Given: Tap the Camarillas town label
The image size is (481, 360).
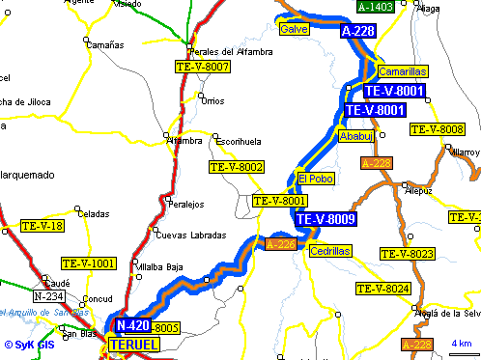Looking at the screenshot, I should [x=401, y=71].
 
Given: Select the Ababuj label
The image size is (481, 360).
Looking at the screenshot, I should [x=355, y=137].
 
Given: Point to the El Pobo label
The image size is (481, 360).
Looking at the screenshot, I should [x=315, y=179].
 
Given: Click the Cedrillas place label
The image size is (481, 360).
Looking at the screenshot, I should [x=330, y=251].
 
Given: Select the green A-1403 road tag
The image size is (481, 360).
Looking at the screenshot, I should [x=375, y=8].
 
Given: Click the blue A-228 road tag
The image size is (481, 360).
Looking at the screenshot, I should [x=358, y=32].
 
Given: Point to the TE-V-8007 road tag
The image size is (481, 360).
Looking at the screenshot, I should [x=203, y=67].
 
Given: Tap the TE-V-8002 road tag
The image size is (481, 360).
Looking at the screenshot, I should [x=237, y=168].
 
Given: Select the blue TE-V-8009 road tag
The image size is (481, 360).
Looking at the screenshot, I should [x=326, y=219].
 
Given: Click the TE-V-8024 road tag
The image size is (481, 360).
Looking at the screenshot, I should [x=383, y=289].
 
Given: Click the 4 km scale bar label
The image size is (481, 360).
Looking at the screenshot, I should [x=461, y=345].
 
